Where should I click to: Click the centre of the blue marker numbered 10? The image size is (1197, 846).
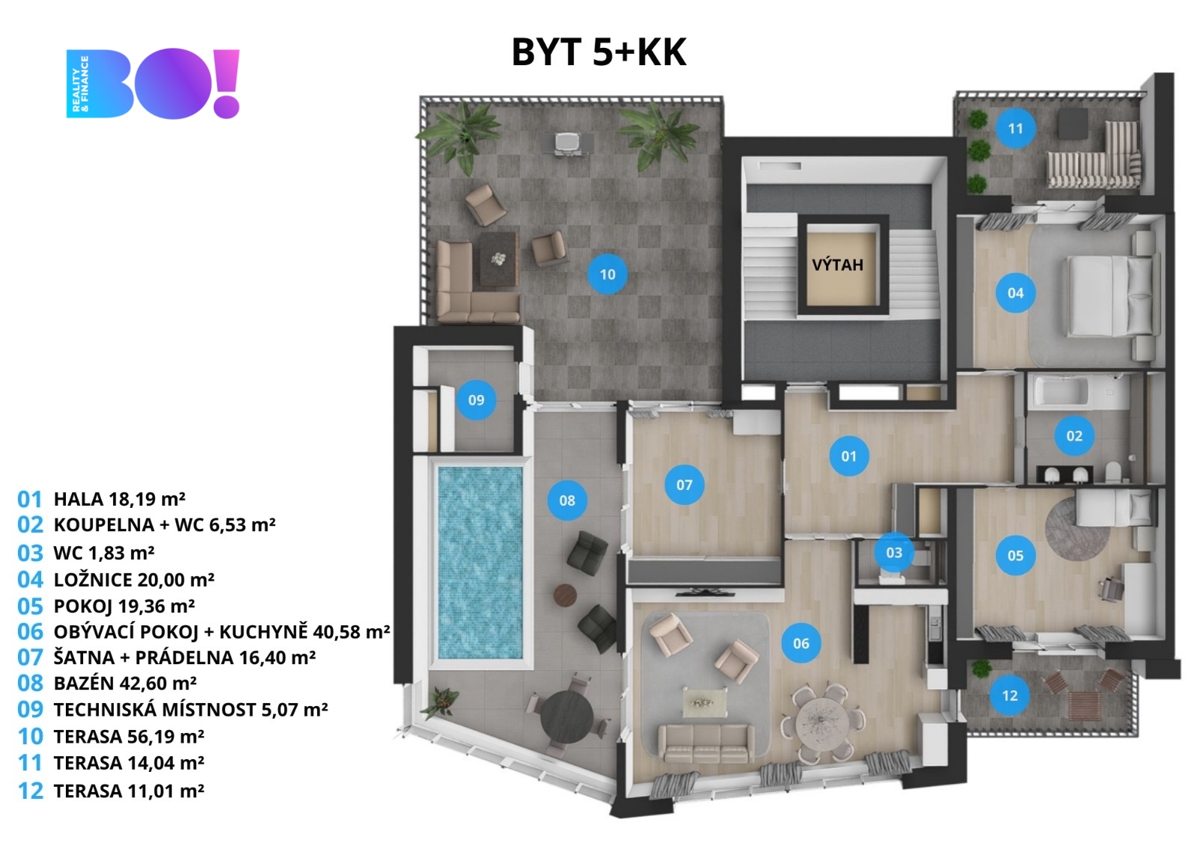pos(607,275)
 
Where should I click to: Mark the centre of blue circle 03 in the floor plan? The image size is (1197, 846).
pos(894,552)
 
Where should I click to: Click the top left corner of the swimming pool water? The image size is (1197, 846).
pos(438,468)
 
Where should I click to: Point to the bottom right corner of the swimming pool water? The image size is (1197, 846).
pos(522,658)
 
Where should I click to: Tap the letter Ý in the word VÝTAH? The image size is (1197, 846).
pos(826,264)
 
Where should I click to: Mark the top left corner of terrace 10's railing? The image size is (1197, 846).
pos(420,97)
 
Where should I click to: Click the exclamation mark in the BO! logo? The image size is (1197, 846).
pos(227,83)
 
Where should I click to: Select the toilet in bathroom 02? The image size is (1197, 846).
pos(1114,471)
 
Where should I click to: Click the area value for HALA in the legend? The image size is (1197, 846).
pos(147,499)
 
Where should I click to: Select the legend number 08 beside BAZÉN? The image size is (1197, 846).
pos(30,683)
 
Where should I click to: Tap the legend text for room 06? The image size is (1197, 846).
pos(221,631)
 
